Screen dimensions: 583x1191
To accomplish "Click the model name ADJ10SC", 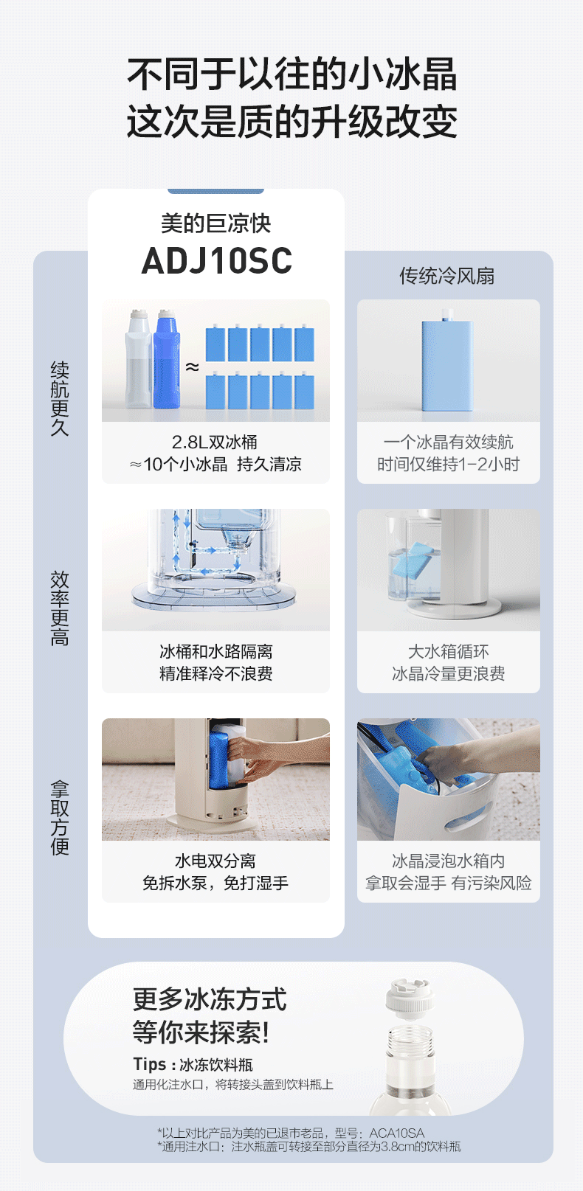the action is tap(216, 260).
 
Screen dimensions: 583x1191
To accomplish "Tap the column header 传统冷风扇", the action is tap(447, 276).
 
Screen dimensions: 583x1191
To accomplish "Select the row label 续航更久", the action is tap(60, 399).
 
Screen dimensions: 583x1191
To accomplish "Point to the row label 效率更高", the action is tap(60, 608).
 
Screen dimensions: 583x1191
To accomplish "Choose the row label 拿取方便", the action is tap(60, 818).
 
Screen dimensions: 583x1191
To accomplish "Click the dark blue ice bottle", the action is tap(167, 359).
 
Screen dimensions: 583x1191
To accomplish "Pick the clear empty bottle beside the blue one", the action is tap(138, 359).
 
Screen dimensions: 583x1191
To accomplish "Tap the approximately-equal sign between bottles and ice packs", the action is tap(192, 367).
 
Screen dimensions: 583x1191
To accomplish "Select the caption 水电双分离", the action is tap(215, 861).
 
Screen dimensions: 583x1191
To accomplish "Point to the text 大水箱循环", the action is tap(448, 651).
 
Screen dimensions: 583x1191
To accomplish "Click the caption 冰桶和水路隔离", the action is tap(216, 651).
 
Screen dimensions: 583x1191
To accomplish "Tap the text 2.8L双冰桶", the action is tap(215, 442).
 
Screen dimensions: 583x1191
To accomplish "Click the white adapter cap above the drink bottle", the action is tap(409, 1000).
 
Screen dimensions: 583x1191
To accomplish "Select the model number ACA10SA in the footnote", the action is tap(397, 1133).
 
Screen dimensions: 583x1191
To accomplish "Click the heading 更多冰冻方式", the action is tap(210, 999).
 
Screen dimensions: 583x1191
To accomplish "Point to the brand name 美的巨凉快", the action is tap(216, 223).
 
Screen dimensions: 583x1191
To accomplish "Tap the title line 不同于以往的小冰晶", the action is tap(292, 74).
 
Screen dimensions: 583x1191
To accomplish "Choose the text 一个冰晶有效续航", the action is tap(448, 442).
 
